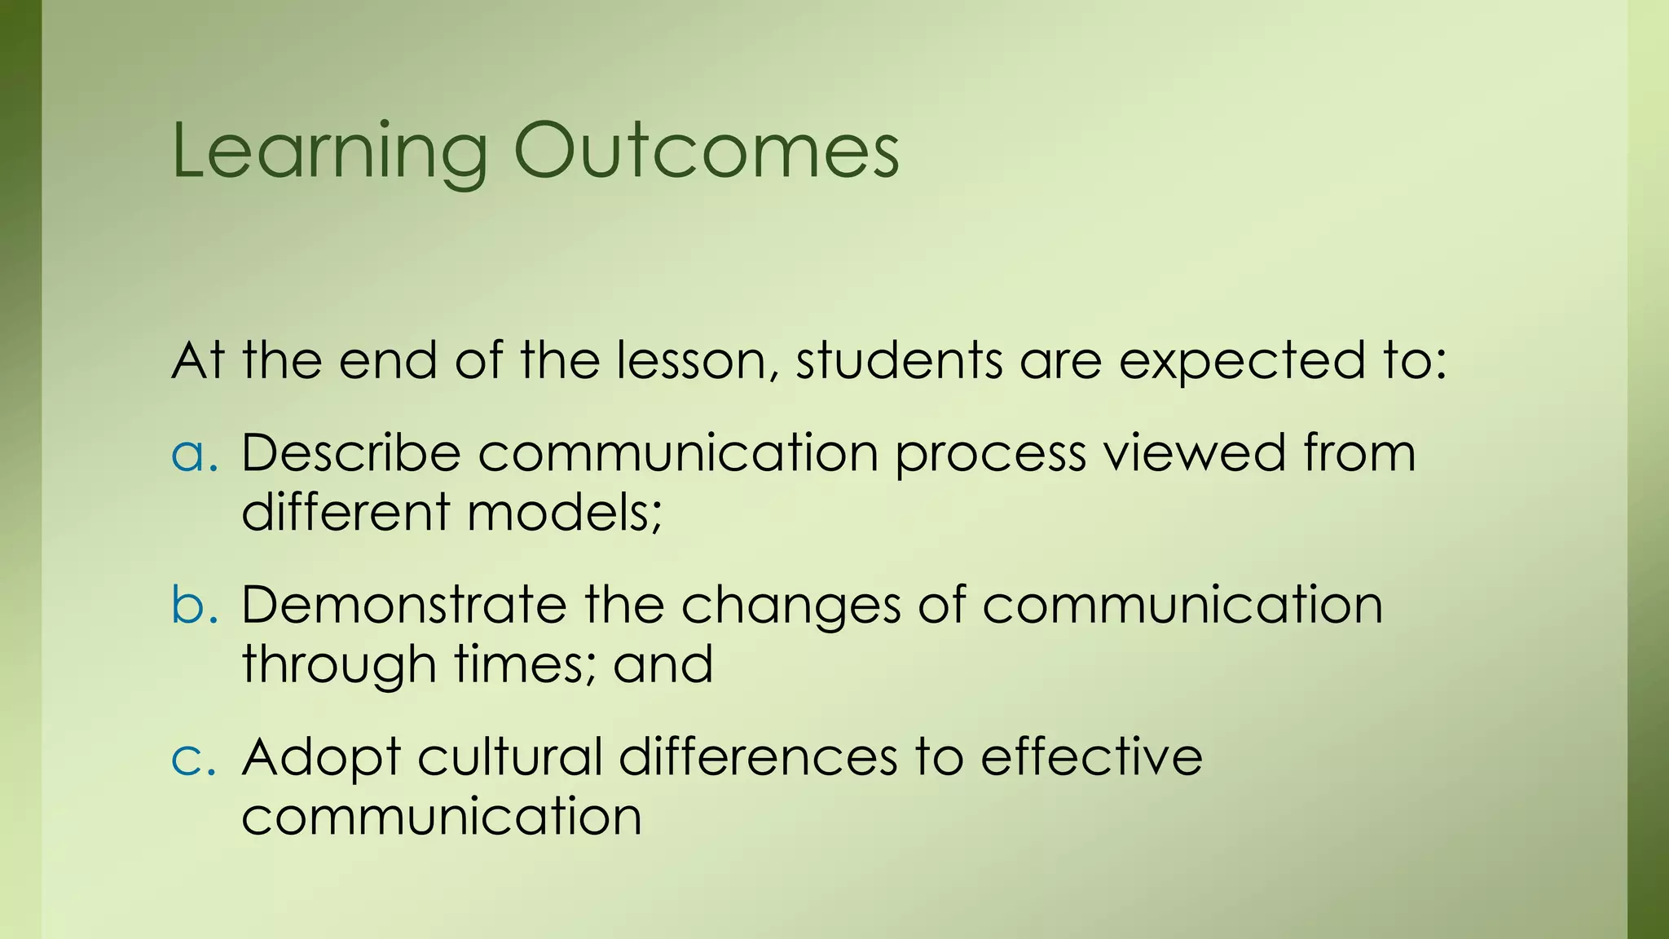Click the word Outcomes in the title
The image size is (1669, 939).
706,152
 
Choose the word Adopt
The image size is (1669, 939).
320,758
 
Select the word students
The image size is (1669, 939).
898,360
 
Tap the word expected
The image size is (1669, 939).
1240,360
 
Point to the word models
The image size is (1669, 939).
564,513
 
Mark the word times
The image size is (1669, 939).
525,664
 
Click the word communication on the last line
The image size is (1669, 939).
441,817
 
